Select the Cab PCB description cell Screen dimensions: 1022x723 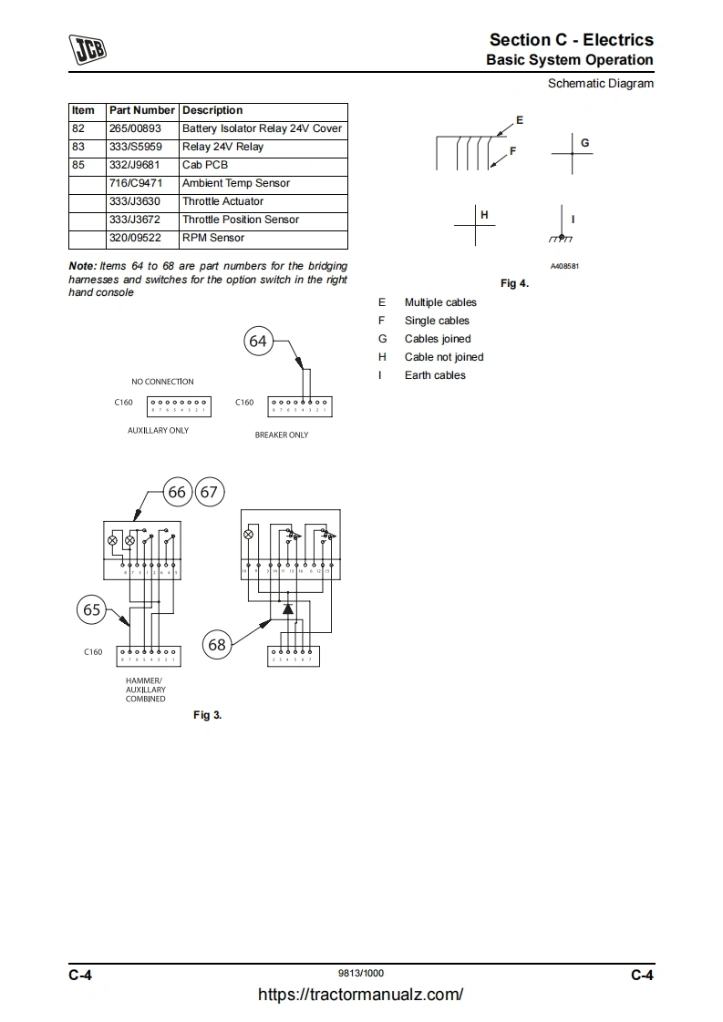click(x=205, y=165)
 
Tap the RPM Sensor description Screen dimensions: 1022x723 click(x=213, y=238)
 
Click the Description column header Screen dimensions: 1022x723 click(x=212, y=110)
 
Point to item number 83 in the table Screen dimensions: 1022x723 click(x=78, y=147)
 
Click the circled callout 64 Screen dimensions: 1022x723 click(x=258, y=341)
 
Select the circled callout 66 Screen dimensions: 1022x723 click(x=177, y=492)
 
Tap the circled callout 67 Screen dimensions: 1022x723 click(x=210, y=492)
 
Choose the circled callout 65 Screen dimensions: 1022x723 click(x=92, y=610)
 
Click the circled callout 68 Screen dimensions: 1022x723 click(x=217, y=645)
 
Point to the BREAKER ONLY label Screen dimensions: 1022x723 click(x=281, y=435)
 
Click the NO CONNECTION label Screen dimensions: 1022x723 click(x=162, y=382)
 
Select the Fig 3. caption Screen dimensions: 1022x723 click(x=207, y=715)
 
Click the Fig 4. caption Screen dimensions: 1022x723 click(x=514, y=283)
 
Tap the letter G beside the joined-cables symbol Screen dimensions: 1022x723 click(x=585, y=143)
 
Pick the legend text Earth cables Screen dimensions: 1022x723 click(x=435, y=375)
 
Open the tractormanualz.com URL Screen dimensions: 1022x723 click(x=361, y=995)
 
